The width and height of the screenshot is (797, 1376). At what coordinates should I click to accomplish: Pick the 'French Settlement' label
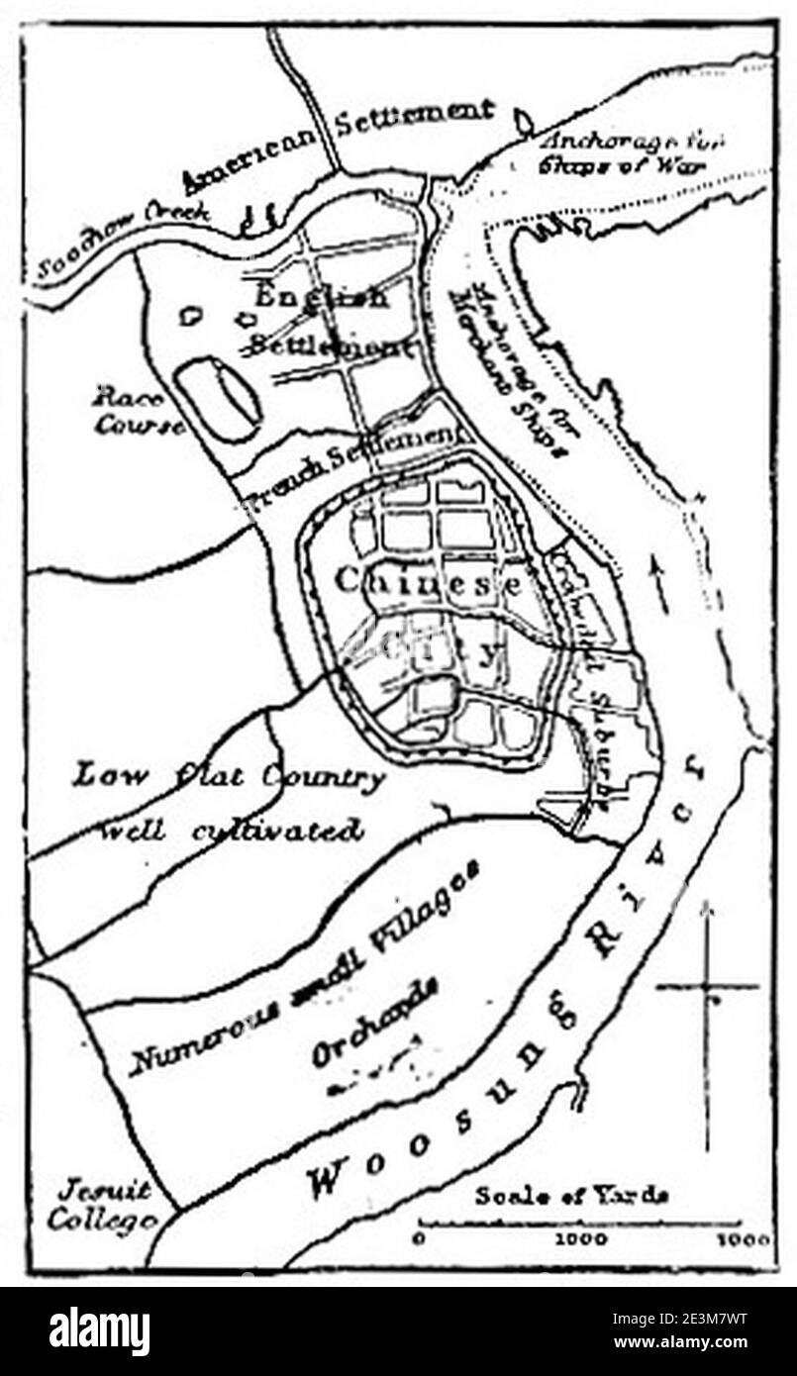352,464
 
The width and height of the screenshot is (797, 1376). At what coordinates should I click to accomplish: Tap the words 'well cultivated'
232,829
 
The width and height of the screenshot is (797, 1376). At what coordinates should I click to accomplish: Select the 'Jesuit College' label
101,1205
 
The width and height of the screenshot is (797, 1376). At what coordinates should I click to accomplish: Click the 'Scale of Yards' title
571,1194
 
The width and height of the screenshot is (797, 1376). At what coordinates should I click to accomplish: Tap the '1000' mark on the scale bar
573,1238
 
